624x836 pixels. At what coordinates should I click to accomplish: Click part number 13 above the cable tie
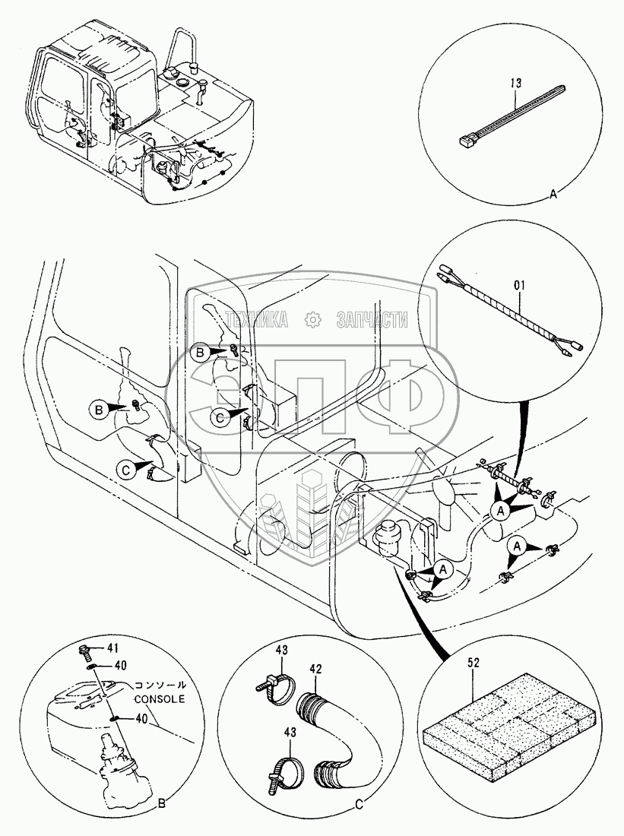(516, 83)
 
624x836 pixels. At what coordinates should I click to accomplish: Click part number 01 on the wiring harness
(519, 286)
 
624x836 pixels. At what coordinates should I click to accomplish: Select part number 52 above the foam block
(474, 663)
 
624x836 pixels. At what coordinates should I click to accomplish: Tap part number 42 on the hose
(315, 669)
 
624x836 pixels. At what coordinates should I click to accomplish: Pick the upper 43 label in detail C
(282, 651)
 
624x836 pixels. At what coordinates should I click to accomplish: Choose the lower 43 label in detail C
(290, 733)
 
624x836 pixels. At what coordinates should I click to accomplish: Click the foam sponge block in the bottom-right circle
(508, 730)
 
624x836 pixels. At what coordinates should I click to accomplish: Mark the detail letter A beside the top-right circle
(553, 195)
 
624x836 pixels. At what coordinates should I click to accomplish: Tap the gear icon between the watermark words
(312, 319)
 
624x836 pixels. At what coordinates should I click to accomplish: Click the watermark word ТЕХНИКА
(257, 319)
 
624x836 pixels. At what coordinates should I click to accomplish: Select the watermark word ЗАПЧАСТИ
(372, 319)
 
